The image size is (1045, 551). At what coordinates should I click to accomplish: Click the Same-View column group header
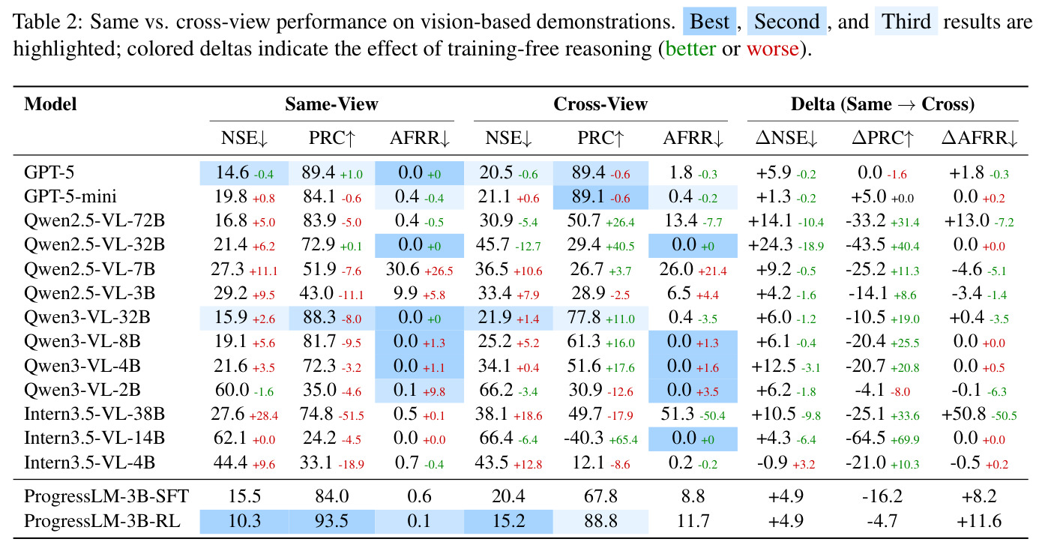331,104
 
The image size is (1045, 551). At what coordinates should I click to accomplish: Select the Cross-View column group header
600,104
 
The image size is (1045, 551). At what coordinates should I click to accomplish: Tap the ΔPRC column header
882,138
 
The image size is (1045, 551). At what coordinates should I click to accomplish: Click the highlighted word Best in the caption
709,22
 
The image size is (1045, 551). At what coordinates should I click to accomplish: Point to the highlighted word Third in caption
906,22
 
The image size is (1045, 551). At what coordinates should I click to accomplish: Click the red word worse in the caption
773,49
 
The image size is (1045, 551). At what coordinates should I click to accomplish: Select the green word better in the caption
690,49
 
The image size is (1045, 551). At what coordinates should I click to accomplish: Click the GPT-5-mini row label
70,196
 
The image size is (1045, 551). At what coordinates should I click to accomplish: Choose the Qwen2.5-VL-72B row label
94,220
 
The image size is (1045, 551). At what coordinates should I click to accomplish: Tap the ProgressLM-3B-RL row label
102,521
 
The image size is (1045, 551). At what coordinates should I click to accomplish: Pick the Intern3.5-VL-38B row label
94,414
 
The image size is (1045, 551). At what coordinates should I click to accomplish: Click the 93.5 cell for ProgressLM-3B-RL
331,521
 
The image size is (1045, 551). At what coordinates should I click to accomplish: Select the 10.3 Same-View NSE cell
244,521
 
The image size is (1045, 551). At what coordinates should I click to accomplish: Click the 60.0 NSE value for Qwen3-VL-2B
232,390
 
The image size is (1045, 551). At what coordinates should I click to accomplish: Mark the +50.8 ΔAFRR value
963,414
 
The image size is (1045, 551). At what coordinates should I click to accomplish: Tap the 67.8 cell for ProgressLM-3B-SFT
600,496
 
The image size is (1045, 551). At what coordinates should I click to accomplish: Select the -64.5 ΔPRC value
865,438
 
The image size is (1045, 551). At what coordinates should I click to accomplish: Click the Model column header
50,104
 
